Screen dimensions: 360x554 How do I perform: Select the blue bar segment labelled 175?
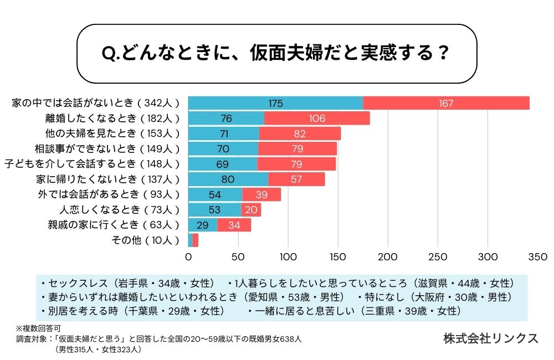pyautogui.click(x=275, y=103)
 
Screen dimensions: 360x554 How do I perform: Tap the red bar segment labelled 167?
pyautogui.click(x=446, y=103)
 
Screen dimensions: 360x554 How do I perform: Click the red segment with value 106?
pyautogui.click(x=317, y=119)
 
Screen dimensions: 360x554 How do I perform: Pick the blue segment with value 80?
pyautogui.click(x=228, y=179)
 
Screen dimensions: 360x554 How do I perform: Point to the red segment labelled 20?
pyautogui.click(x=251, y=210)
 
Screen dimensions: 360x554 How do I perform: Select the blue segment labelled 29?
pyautogui.click(x=203, y=225)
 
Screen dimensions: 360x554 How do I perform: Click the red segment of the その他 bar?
pyautogui.click(x=196, y=240)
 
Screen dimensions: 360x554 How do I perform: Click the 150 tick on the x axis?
pyautogui.click(x=338, y=257)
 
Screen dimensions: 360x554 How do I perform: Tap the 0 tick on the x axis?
pyautogui.click(x=188, y=257)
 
